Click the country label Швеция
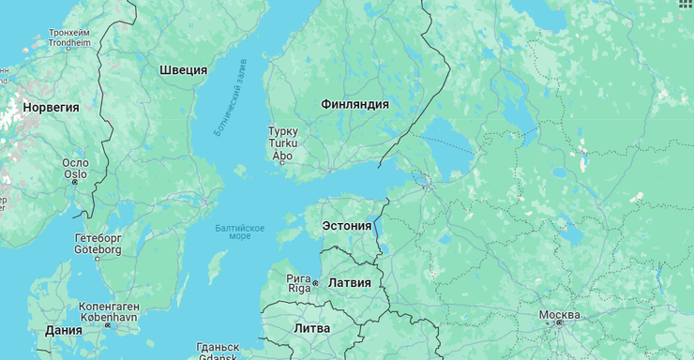[183, 70]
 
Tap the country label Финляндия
[355, 104]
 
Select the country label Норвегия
[51, 108]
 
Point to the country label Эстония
[346, 226]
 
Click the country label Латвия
[349, 282]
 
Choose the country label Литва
[311, 329]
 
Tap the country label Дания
[63, 331]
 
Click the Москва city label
[559, 314]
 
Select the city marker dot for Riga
[316, 283]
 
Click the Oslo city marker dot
[75, 182]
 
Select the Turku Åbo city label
[282, 143]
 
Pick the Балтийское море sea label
[239, 232]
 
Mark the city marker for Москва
[559, 323]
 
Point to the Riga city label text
[299, 283]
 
